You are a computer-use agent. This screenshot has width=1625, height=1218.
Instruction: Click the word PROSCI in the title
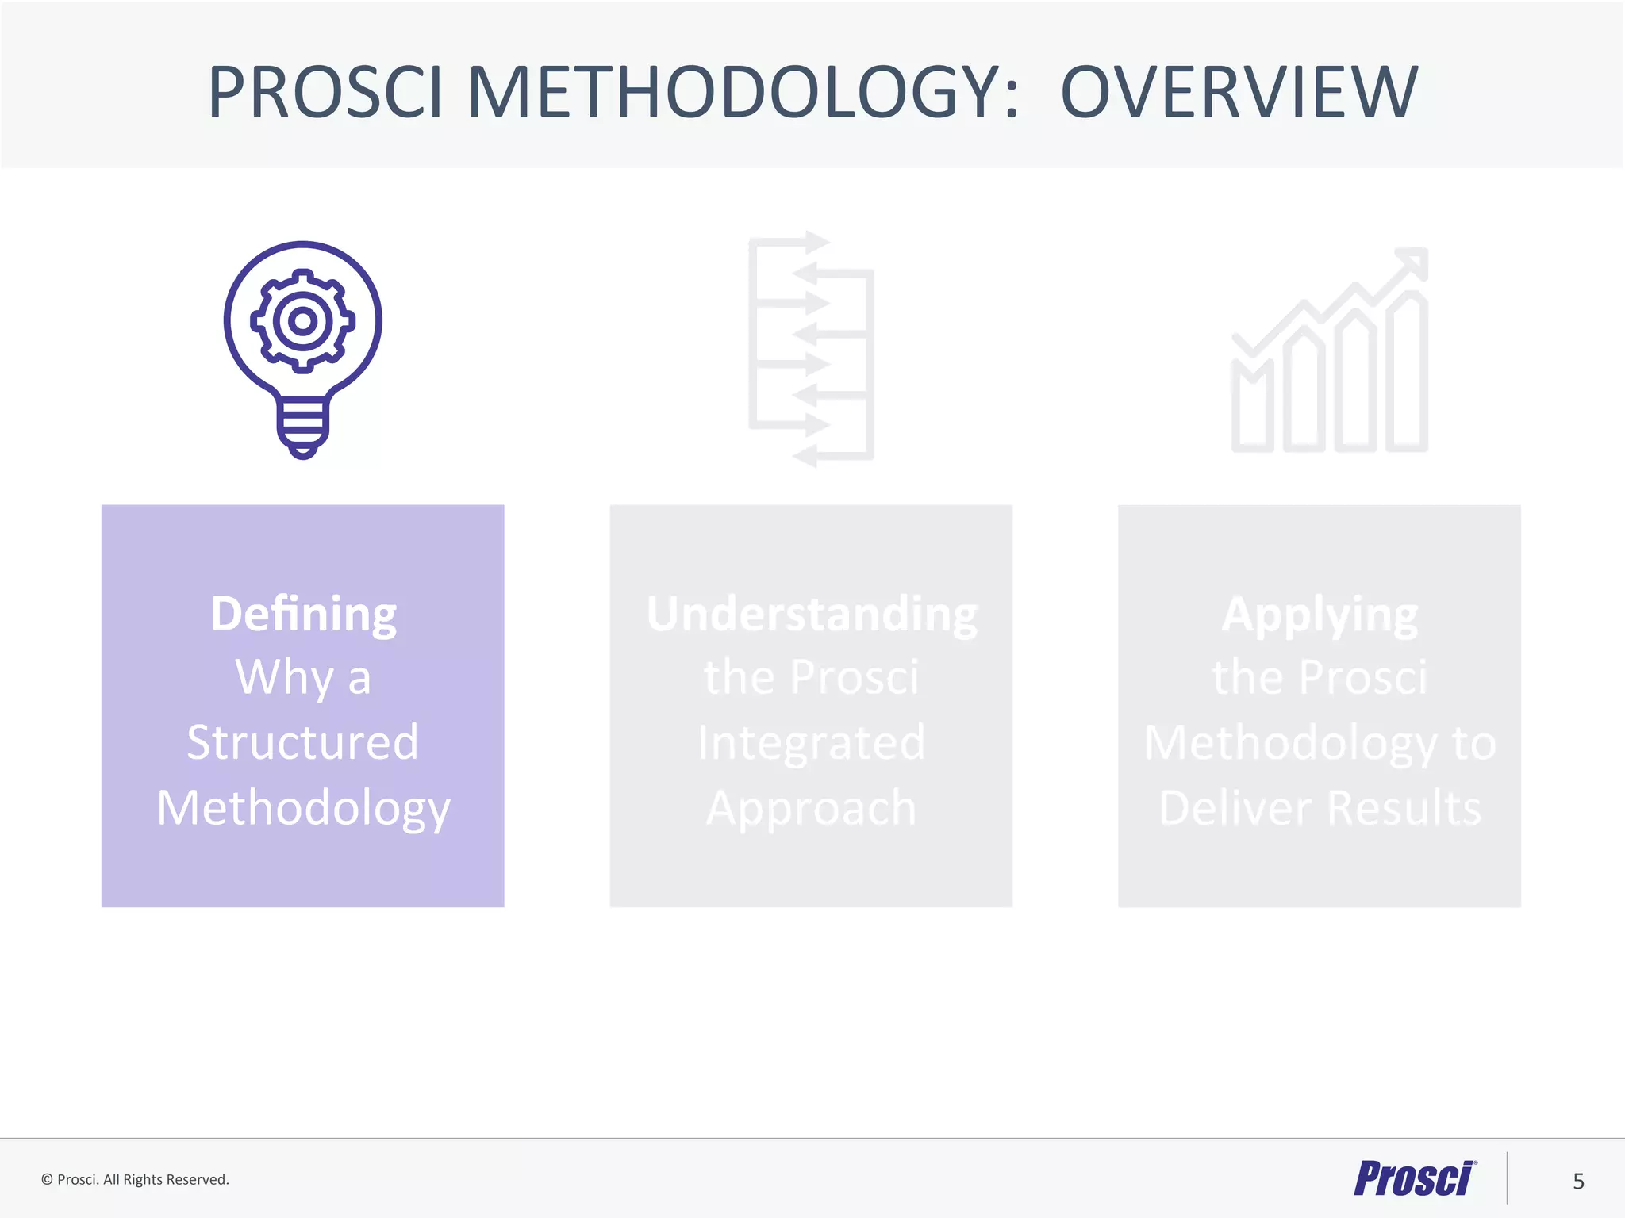(x=325, y=93)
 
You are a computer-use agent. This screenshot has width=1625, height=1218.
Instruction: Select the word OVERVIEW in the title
(x=1239, y=93)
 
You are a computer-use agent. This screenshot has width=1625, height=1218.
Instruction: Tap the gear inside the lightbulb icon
(x=302, y=321)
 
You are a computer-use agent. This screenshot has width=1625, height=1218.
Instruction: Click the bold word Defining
(x=303, y=614)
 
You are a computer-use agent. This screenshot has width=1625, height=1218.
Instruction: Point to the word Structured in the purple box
(x=302, y=742)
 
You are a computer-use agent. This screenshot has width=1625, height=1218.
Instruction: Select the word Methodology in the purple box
(x=303, y=808)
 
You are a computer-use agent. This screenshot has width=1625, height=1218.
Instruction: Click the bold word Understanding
(x=812, y=614)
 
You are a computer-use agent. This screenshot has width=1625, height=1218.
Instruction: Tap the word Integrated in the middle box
(x=811, y=742)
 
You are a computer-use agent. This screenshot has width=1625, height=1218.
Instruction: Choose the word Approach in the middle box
(x=811, y=808)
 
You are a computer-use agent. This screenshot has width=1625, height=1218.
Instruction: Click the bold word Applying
(x=1320, y=614)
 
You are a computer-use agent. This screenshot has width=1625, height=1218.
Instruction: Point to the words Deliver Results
(x=1320, y=808)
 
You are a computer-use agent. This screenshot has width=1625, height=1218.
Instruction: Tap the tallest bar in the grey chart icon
(x=1407, y=373)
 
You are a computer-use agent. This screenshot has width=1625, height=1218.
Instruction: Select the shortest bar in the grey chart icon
(x=1252, y=408)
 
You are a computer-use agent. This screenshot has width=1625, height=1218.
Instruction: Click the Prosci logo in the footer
(x=1414, y=1179)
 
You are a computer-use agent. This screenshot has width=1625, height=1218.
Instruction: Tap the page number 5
(x=1578, y=1182)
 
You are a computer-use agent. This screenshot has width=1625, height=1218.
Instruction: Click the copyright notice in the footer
(x=135, y=1180)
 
